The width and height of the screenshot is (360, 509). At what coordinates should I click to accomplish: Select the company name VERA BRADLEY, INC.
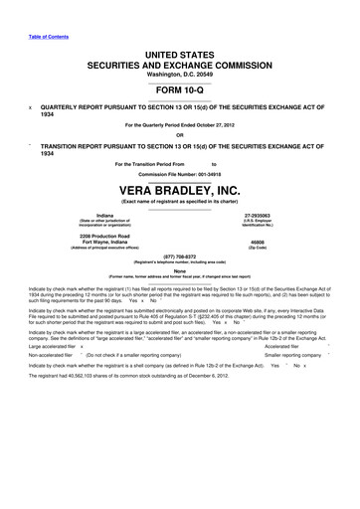[x=179, y=190]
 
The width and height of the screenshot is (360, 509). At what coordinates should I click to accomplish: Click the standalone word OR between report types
[x=179, y=135]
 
